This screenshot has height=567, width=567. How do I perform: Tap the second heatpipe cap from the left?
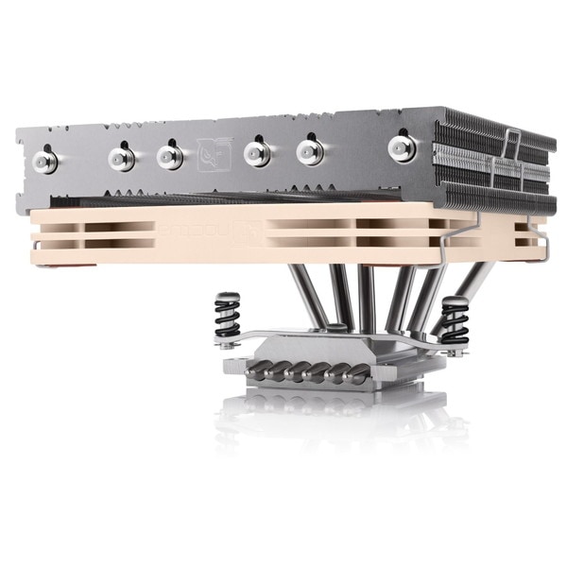pyautogui.click(x=120, y=154)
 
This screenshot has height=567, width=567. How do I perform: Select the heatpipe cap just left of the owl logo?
pyautogui.click(x=168, y=152)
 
